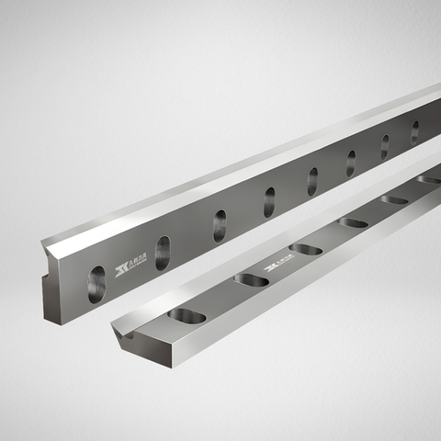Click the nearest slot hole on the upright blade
coord(96,284)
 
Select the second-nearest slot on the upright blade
coord(163,253)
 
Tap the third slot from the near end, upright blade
coord(220,225)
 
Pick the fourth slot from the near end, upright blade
coord(269,202)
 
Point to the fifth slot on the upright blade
coord(312,181)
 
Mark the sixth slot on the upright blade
coord(351,164)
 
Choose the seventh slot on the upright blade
coord(385,147)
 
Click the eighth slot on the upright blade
coord(414,132)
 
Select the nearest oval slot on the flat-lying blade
coord(187,315)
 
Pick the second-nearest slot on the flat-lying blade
coord(251,279)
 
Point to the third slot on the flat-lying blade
coord(305,249)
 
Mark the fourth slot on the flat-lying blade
coord(352,222)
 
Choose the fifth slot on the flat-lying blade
coord(394,199)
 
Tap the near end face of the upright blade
coord(55,284)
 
